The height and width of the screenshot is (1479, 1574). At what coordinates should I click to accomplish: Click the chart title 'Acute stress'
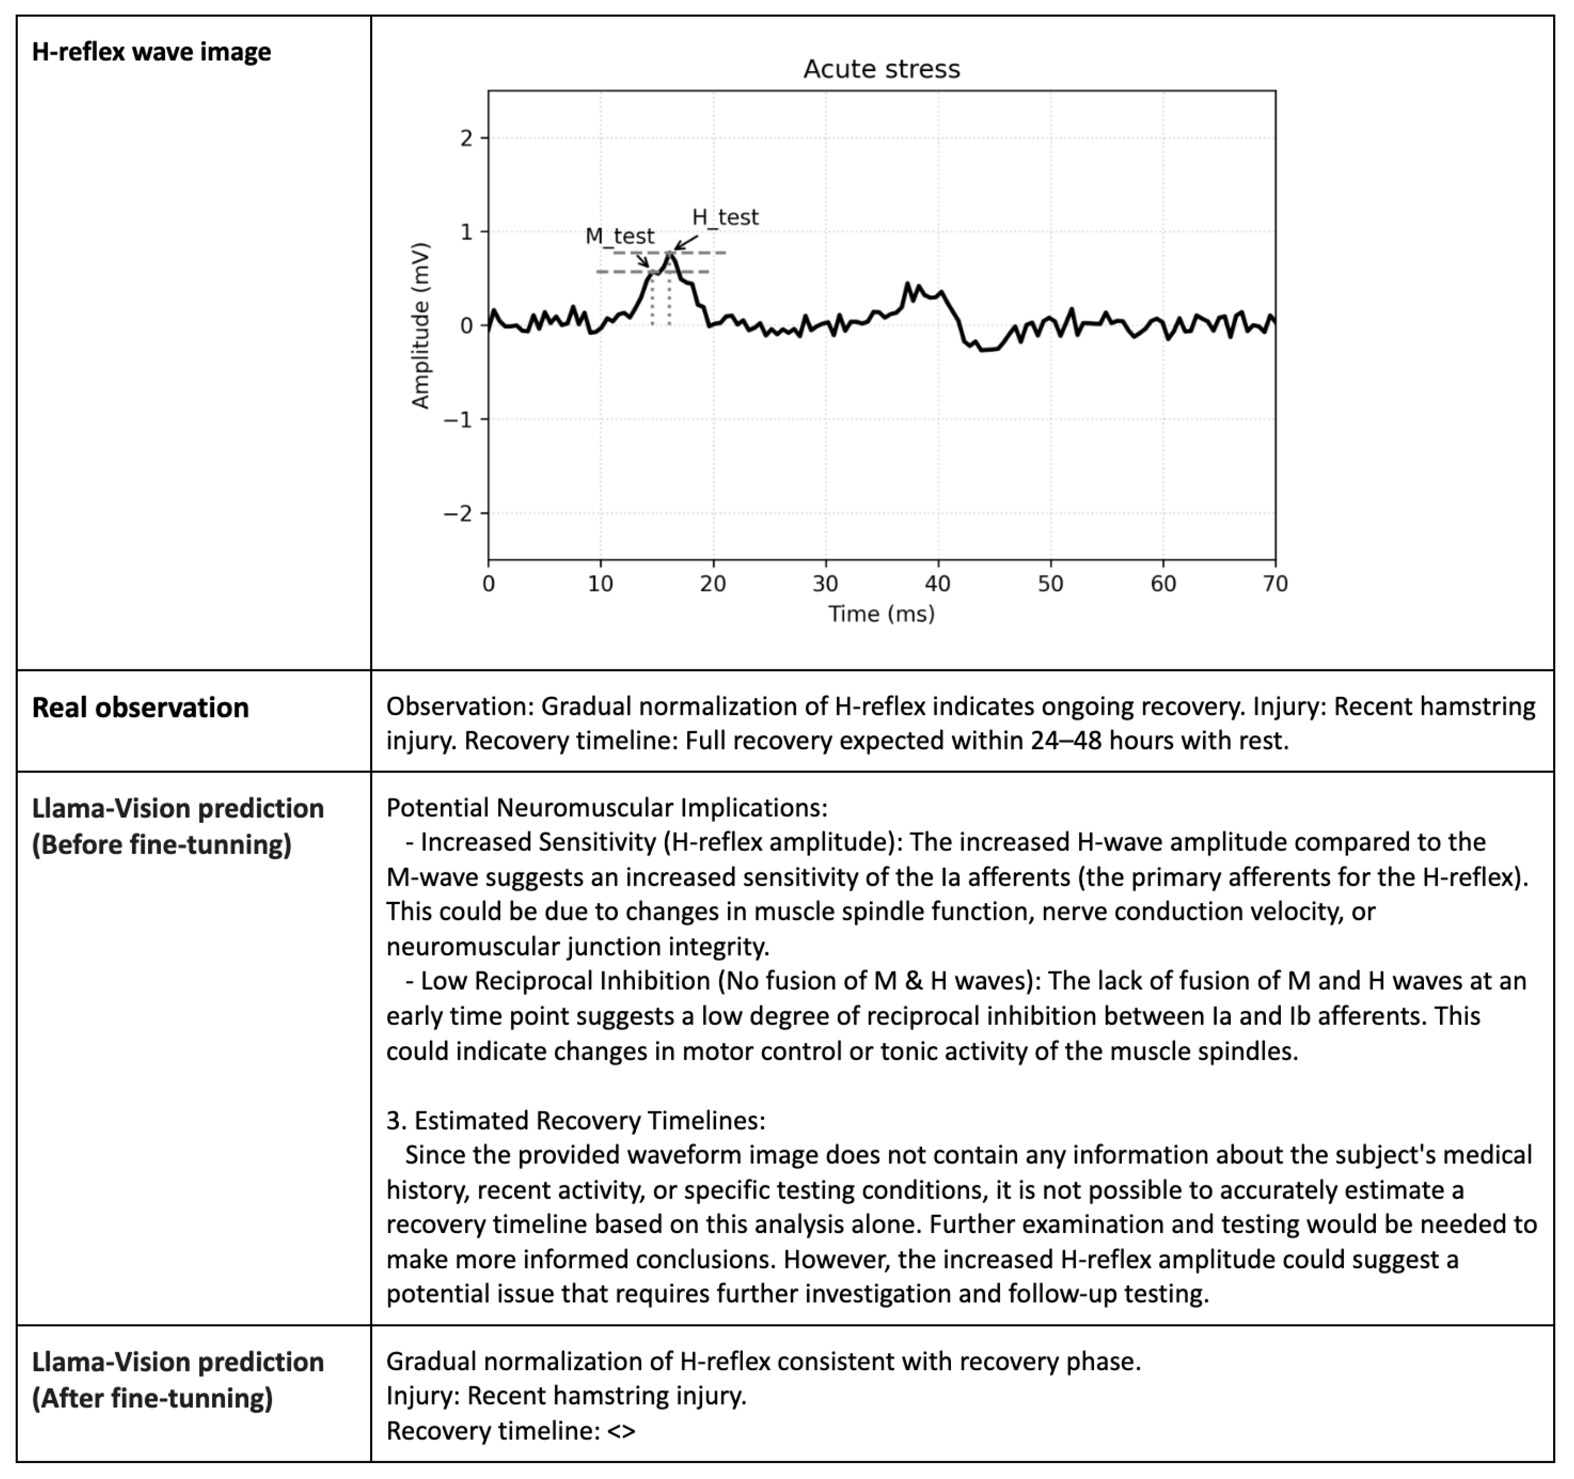coord(881,70)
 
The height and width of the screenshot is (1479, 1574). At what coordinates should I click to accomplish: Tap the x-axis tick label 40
coord(938,584)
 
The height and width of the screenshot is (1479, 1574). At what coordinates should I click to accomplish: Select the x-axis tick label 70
coord(1275,584)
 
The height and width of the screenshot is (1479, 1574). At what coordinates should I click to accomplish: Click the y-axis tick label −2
coord(457,514)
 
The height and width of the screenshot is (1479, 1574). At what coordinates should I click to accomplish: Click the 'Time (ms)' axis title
coord(881,614)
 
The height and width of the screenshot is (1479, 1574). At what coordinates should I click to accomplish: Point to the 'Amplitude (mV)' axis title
coord(420,326)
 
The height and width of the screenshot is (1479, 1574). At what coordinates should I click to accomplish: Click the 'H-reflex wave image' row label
coord(151,52)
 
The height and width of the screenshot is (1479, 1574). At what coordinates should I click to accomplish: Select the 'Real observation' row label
coord(140,708)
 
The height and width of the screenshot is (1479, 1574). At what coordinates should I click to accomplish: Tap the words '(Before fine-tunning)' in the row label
coord(161,845)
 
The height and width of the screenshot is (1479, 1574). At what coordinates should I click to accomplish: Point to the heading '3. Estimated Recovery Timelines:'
coord(576,1120)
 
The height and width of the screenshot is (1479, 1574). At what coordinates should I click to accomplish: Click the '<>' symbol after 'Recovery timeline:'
coord(622,1431)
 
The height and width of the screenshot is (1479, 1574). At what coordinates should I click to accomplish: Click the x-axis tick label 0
coord(488,584)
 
